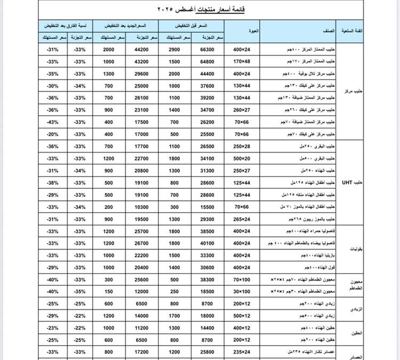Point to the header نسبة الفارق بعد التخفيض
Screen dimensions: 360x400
[x=66, y=26]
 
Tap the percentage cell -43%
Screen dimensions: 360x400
[x=52, y=122]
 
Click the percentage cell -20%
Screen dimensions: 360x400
[x=52, y=134]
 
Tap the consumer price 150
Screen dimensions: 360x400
[x=109, y=291]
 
